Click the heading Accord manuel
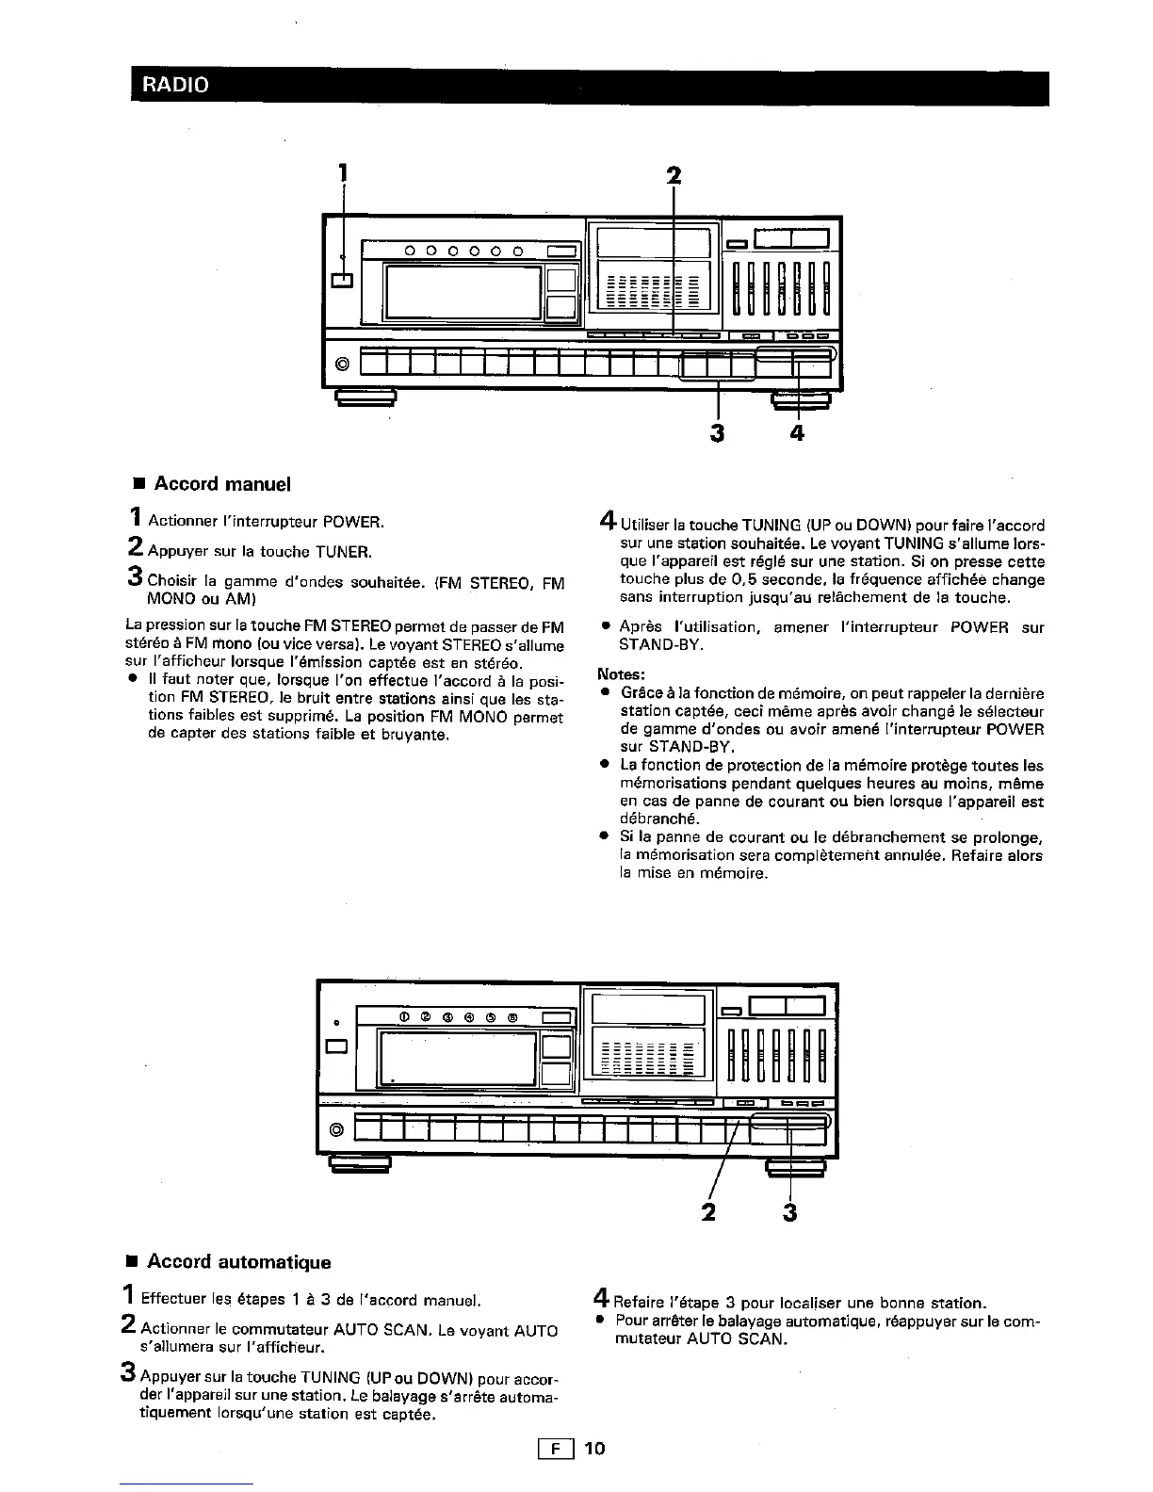coord(222,484)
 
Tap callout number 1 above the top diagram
coord(343,172)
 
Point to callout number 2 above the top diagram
coord(673,176)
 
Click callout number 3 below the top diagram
coord(719,432)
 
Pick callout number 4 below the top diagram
coord(798,432)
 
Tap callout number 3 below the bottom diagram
coord(789,1212)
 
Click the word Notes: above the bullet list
coord(622,674)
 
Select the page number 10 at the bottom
coord(594,1448)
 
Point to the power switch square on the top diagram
coord(342,280)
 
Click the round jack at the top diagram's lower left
coord(342,364)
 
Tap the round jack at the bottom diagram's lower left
coord(336,1129)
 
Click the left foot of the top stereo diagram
coord(365,398)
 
